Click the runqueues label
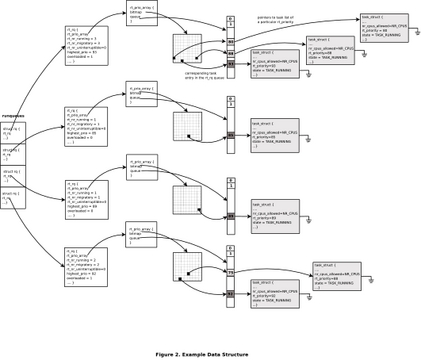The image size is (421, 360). click(13, 116)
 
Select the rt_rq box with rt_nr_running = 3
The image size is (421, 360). click(86, 45)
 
